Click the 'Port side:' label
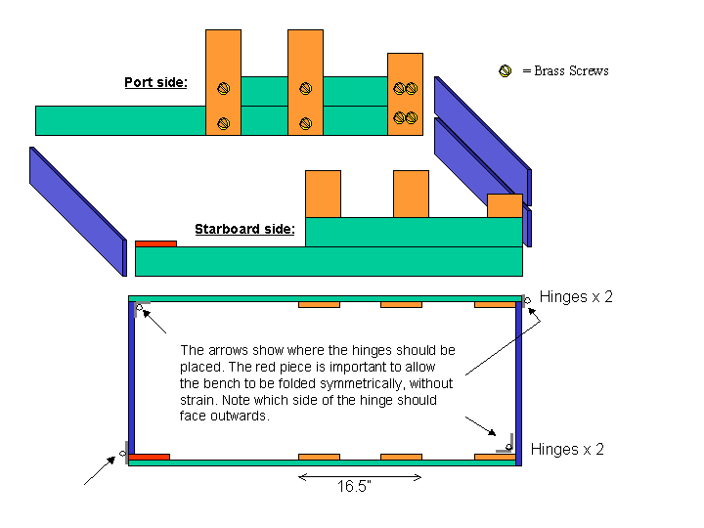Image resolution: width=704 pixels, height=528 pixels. [x=156, y=82]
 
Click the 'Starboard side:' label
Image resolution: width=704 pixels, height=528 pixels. [x=244, y=230]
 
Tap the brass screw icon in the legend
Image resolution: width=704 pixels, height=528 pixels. [x=506, y=70]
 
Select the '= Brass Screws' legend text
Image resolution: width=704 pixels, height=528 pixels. [x=565, y=70]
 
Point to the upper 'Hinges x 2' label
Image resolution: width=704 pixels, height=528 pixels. [x=576, y=297]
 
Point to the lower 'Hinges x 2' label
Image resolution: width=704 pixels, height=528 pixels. [x=567, y=450]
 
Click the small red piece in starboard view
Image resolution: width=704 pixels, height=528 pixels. [x=155, y=243]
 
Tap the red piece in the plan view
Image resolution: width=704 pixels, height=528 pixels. [x=150, y=456]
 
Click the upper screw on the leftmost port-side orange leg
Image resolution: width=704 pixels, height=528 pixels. [x=223, y=88]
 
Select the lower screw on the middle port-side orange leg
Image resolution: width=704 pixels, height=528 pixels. [x=305, y=123]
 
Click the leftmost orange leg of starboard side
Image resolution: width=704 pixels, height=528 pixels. [x=323, y=194]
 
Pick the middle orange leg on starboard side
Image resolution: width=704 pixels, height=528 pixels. [x=411, y=194]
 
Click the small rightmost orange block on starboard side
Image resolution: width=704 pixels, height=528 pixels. [x=505, y=206]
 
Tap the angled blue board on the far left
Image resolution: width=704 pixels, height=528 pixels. [x=77, y=211]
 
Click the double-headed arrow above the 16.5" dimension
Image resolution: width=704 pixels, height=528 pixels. [x=360, y=477]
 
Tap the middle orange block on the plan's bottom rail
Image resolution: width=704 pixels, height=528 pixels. [x=401, y=456]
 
